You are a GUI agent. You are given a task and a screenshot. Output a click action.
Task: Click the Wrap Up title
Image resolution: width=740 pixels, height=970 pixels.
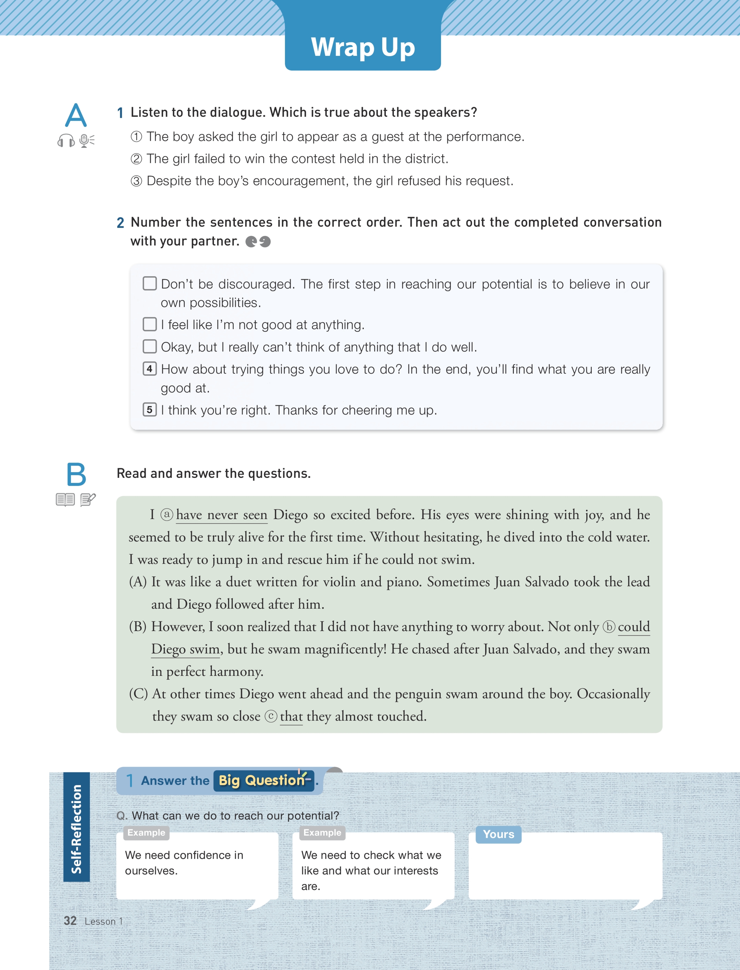363,47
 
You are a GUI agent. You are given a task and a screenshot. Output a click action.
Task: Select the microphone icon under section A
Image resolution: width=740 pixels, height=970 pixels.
86,141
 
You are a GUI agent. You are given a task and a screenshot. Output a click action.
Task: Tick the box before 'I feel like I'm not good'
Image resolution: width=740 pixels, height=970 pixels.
150,324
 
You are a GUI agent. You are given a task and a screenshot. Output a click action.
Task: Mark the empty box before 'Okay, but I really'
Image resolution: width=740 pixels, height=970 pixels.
150,346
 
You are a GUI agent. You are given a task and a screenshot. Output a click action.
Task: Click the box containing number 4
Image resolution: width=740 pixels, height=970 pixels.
150,369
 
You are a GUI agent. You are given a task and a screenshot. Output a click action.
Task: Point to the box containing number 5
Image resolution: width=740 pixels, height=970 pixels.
150,410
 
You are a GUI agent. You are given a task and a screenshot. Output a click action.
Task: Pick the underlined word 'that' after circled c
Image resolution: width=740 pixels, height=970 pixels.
291,716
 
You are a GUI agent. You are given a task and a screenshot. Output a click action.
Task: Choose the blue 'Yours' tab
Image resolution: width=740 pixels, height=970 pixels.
498,834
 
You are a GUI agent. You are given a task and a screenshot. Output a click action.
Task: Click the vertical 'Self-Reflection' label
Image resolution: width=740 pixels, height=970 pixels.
77,829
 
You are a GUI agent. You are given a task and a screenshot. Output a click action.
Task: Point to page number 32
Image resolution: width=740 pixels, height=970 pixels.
70,921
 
